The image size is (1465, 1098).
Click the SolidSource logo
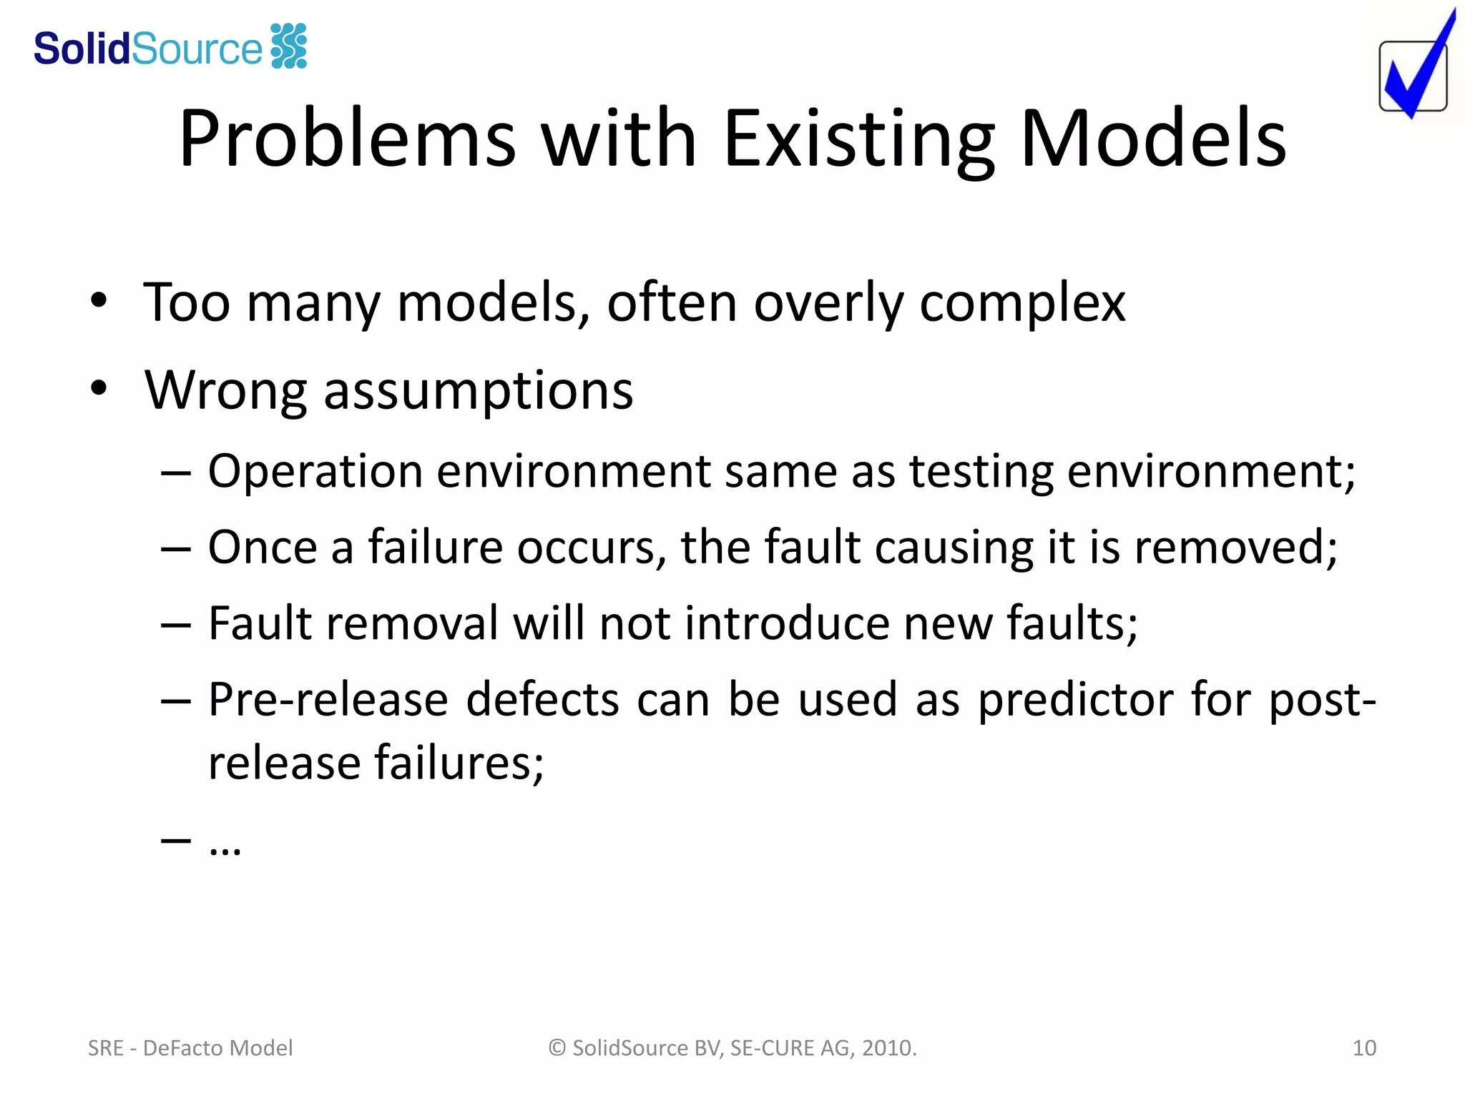(x=170, y=48)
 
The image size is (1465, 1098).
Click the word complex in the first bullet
(x=1022, y=303)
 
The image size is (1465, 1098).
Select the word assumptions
(x=478, y=392)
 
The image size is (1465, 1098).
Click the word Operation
(x=315, y=472)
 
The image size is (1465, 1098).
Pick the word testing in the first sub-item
(x=981, y=472)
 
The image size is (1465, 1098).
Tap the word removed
(x=1235, y=548)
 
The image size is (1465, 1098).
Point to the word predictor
(x=1075, y=700)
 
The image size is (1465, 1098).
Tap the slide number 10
(x=1364, y=1048)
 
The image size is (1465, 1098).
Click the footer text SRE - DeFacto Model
(x=190, y=1048)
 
